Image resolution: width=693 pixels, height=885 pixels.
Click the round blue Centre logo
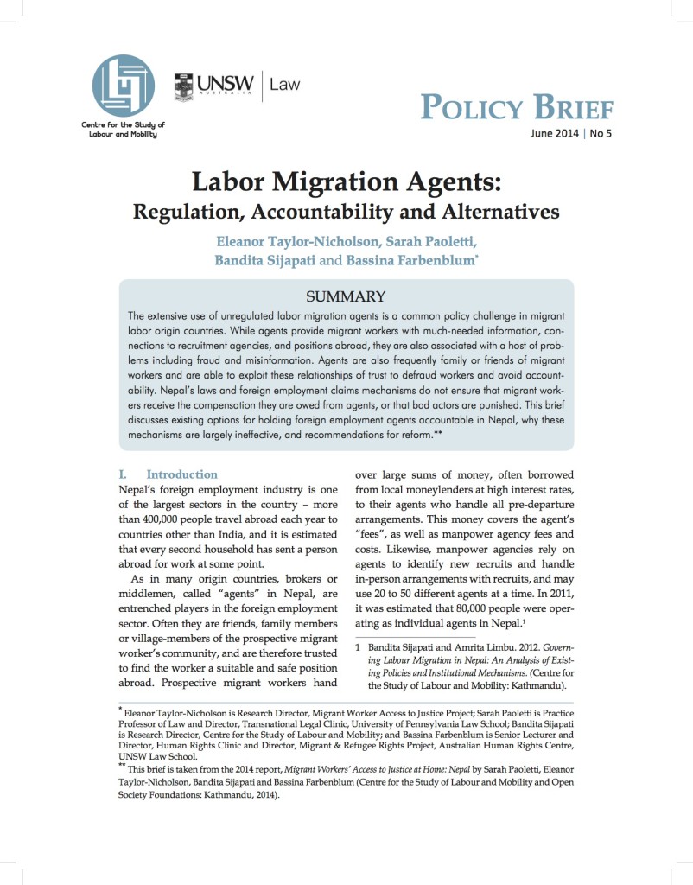click(123, 86)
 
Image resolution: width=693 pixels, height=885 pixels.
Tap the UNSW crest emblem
click(184, 87)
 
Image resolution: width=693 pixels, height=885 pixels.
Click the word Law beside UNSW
click(284, 84)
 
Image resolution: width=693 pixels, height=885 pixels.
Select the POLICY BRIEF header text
click(516, 108)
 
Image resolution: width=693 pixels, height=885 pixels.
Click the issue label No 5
click(601, 134)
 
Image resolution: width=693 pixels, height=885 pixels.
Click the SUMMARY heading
click(345, 296)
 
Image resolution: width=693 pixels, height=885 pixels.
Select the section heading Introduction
click(181, 474)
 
